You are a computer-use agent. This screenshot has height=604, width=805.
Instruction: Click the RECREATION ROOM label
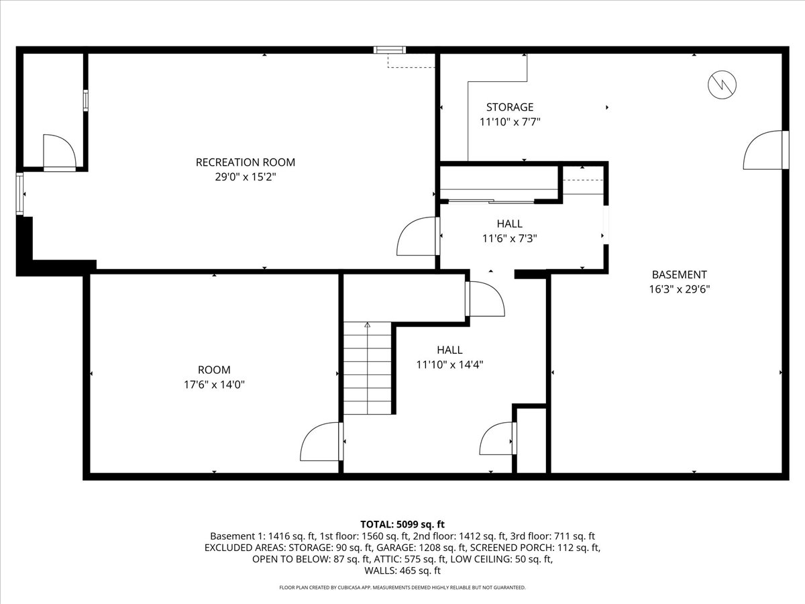tap(245, 162)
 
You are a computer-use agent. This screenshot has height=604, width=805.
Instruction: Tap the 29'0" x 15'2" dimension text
tap(245, 177)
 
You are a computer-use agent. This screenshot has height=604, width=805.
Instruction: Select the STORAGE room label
tap(510, 107)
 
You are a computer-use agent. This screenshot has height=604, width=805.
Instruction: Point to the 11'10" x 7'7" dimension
tap(510, 122)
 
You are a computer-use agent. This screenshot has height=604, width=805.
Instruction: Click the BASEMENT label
tap(679, 274)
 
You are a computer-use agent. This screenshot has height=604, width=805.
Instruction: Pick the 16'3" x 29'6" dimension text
tap(679, 289)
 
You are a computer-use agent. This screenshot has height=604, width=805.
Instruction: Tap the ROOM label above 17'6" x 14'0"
tap(214, 370)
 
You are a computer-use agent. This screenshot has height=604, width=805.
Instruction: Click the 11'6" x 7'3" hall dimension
tap(510, 238)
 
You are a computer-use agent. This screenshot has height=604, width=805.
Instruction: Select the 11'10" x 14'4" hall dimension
tap(449, 364)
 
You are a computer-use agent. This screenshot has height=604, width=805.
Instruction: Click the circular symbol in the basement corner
tap(722, 84)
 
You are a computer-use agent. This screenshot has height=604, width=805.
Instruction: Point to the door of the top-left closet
tap(60, 152)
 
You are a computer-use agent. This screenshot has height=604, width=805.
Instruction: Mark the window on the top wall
tap(390, 50)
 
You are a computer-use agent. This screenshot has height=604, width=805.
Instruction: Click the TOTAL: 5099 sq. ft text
tap(402, 524)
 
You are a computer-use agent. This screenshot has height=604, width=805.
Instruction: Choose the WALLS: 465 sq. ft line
tap(402, 571)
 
